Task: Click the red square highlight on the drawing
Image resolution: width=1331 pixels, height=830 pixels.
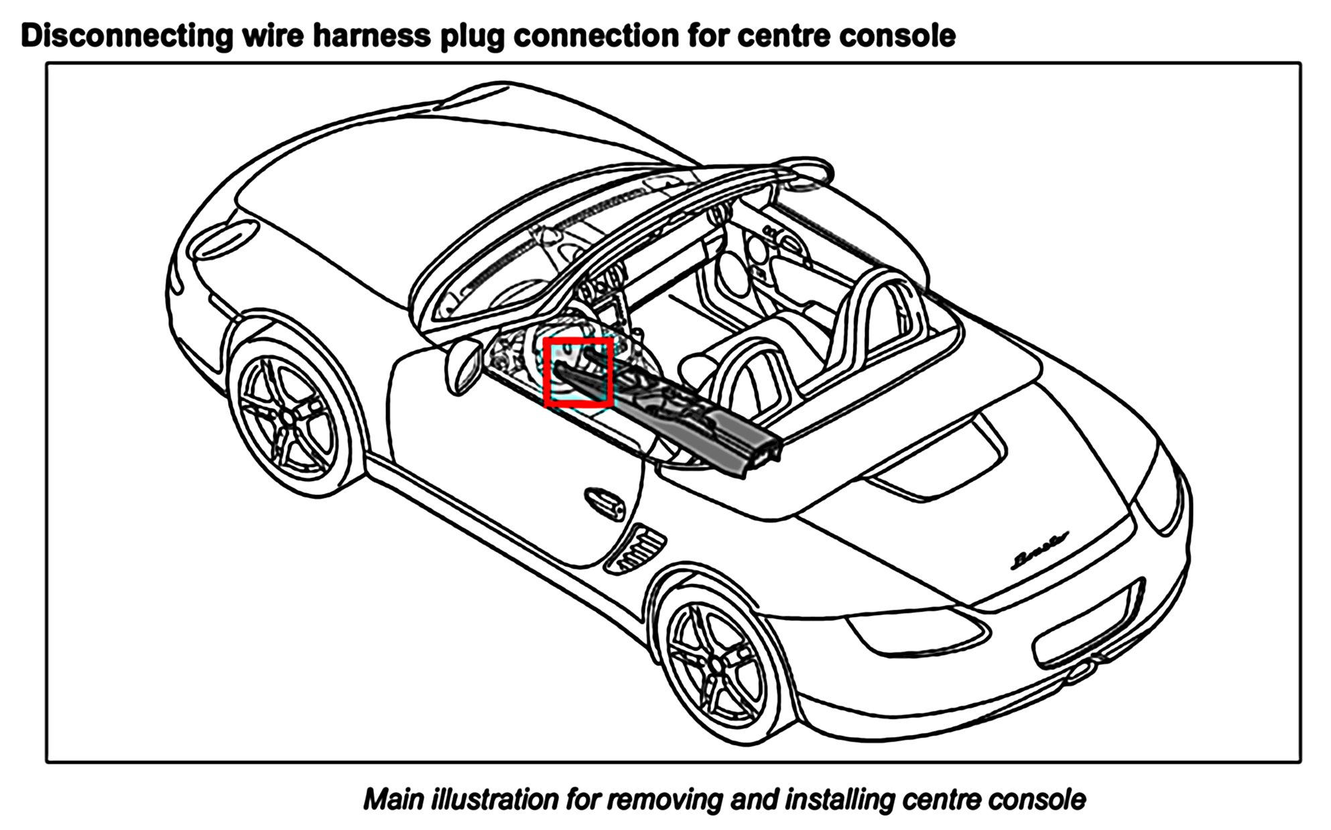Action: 578,372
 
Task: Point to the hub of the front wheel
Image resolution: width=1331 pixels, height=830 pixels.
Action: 288,415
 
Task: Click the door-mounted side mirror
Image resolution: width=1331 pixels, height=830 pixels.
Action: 462,366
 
